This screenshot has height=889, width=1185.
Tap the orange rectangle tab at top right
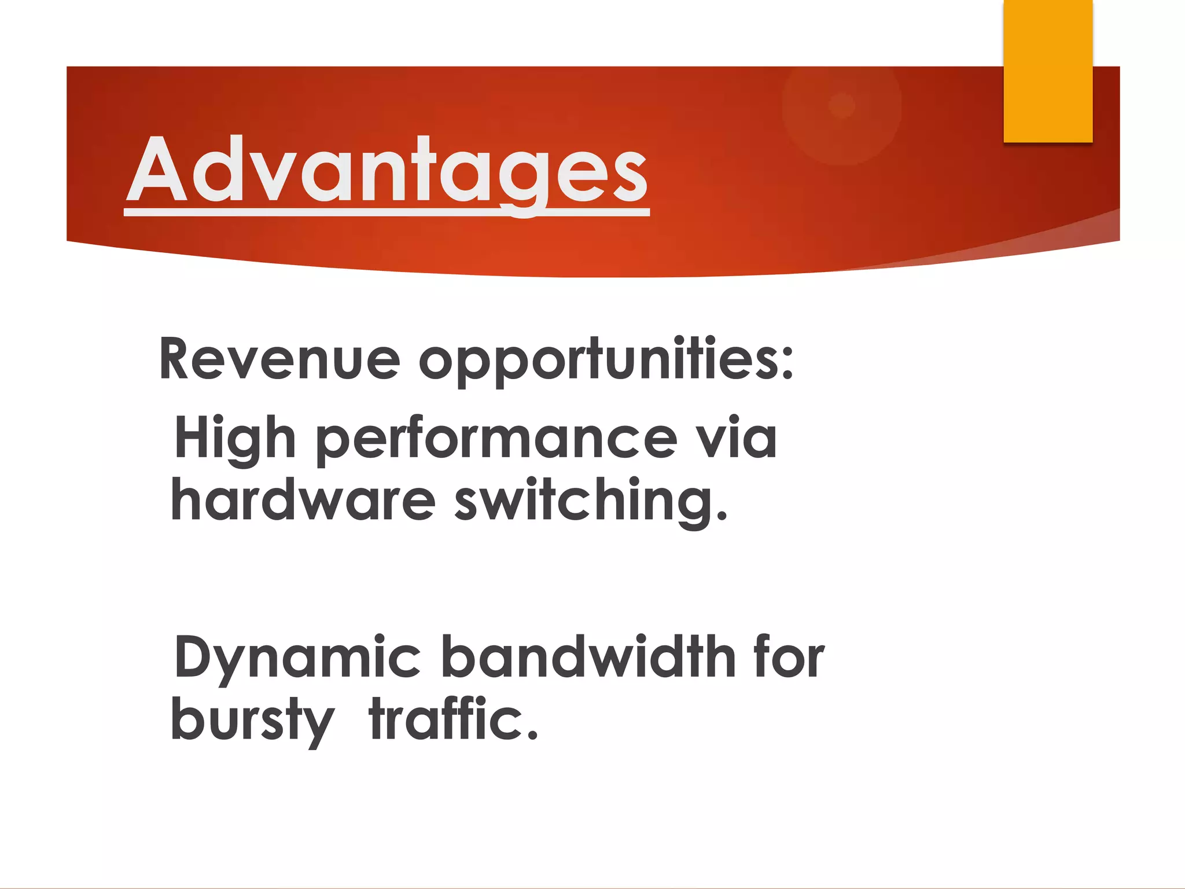pyautogui.click(x=1048, y=71)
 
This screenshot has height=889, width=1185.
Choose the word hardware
pyautogui.click(x=303, y=501)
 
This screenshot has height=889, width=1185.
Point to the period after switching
pyautogui.click(x=721, y=515)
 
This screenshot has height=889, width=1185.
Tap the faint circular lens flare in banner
pyautogui.click(x=841, y=106)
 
